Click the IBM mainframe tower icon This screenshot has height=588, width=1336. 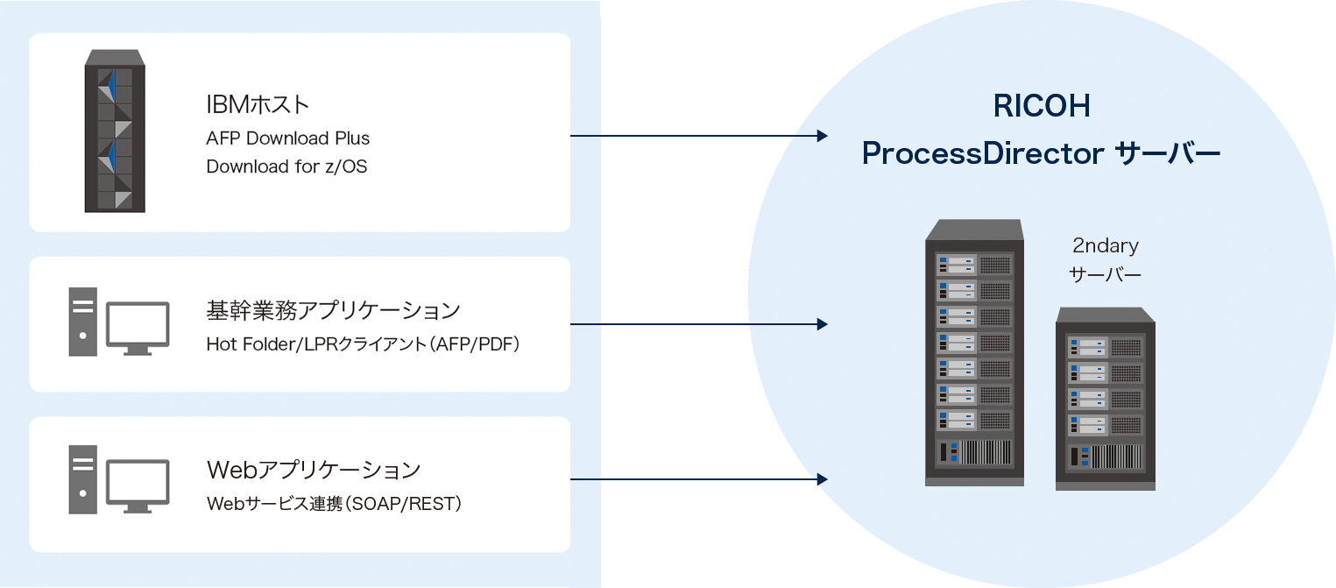(x=114, y=131)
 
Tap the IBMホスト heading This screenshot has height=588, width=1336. (x=258, y=104)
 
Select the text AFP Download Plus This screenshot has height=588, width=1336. (x=288, y=138)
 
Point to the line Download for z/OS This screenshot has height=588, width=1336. (x=286, y=166)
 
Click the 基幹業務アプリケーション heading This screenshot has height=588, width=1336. (x=333, y=310)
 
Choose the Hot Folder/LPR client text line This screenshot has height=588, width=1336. (x=364, y=344)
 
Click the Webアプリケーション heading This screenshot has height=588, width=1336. (x=314, y=470)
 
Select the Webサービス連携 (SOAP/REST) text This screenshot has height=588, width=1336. (x=334, y=504)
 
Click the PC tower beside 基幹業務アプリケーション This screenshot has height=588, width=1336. (x=83, y=322)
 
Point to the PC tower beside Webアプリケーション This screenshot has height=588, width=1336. (x=83, y=480)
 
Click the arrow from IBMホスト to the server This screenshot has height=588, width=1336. (x=698, y=136)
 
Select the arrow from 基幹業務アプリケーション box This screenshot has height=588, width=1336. (x=698, y=324)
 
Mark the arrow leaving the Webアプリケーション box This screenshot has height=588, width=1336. (x=698, y=479)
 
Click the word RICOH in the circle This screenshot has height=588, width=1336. (x=1041, y=107)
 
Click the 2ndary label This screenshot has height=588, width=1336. (x=1105, y=246)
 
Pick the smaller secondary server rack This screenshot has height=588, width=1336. (x=1105, y=398)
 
